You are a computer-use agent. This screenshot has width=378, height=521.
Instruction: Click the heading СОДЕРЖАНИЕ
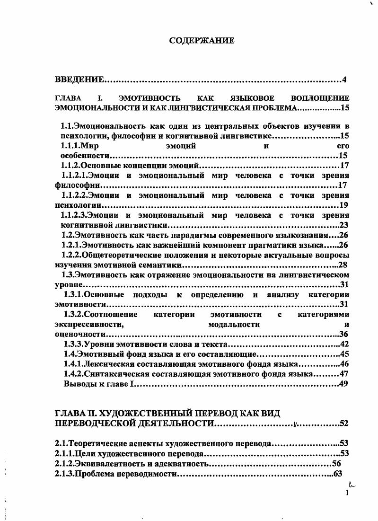coord(202,41)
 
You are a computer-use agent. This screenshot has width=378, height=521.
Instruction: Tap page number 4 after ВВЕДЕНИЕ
coord(345,79)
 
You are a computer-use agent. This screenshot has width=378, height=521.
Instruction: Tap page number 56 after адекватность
coord(336,464)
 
